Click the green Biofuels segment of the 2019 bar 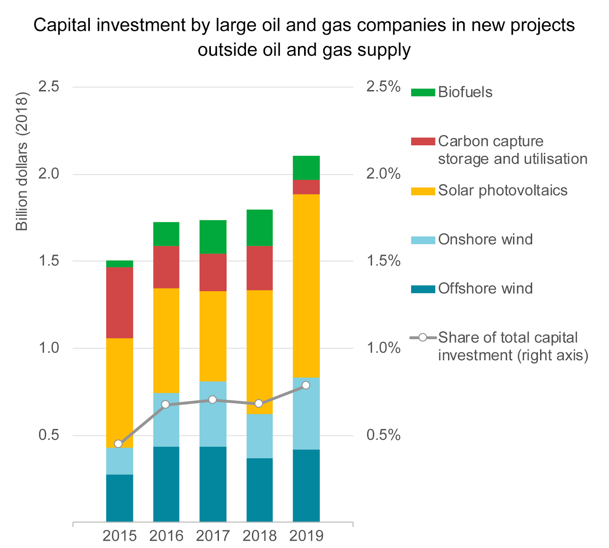(306, 168)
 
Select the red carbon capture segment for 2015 (120, 303)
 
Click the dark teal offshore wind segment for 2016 (166, 484)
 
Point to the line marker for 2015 (118, 444)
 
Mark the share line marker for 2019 (306, 385)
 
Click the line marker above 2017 (213, 400)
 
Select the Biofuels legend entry (465, 92)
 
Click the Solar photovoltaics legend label (502, 190)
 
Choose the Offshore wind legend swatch (423, 289)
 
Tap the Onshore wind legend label (485, 240)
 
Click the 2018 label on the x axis (260, 536)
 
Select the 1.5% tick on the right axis (383, 261)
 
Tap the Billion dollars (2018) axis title (22, 161)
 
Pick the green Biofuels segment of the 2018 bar (260, 228)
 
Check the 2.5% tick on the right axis (383, 87)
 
